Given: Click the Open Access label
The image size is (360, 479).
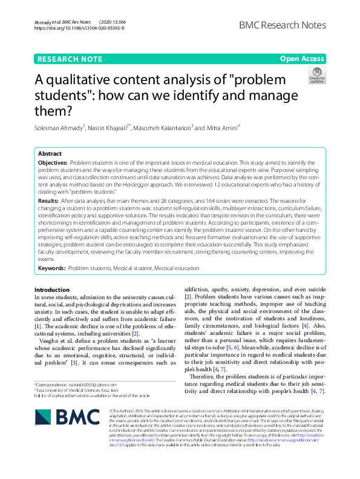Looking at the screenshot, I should coord(302,59).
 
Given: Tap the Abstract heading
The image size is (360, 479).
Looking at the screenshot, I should coord(50,154).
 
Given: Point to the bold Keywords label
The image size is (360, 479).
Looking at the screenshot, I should coord(51,267).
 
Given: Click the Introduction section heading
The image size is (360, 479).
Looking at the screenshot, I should coord(52,290).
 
